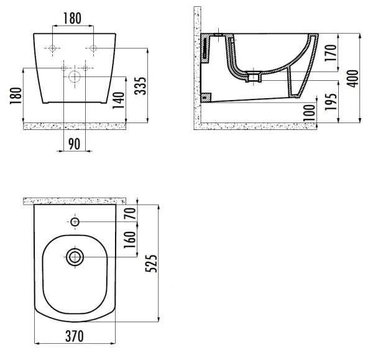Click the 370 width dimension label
[75, 336]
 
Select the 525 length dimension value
[151, 264]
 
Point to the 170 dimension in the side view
[331, 53]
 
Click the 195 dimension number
[331, 101]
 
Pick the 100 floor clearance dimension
[309, 113]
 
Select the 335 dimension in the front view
[140, 86]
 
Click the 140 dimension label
[119, 100]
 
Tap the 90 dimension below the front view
[75, 144]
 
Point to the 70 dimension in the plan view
[130, 213]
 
